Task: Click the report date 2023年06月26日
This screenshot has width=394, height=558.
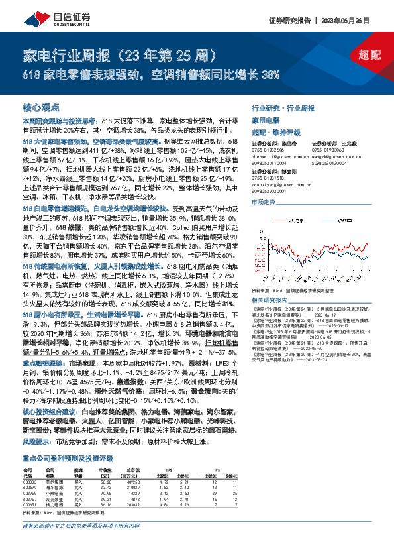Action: click(360, 19)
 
